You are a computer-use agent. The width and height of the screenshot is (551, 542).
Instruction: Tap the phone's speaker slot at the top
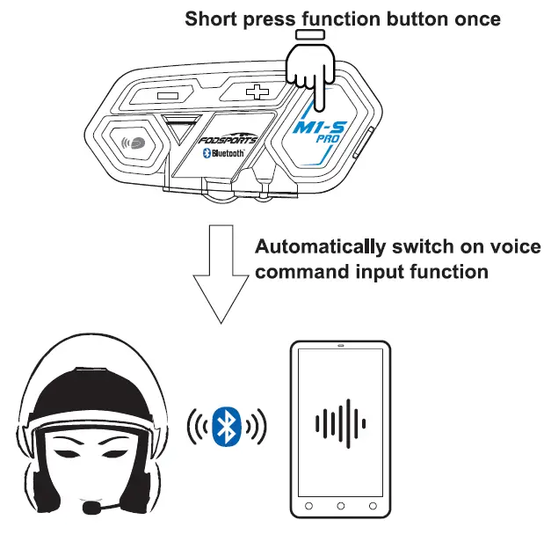(x=339, y=346)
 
